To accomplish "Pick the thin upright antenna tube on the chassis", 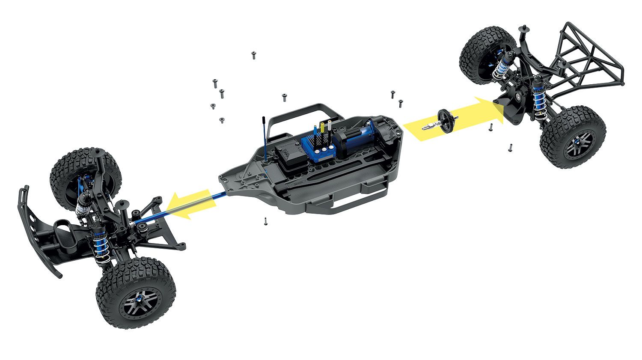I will tap(265, 137).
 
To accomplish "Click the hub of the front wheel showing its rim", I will tap(140, 300).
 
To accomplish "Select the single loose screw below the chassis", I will tap(265, 221).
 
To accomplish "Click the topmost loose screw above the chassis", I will tap(254, 55).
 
